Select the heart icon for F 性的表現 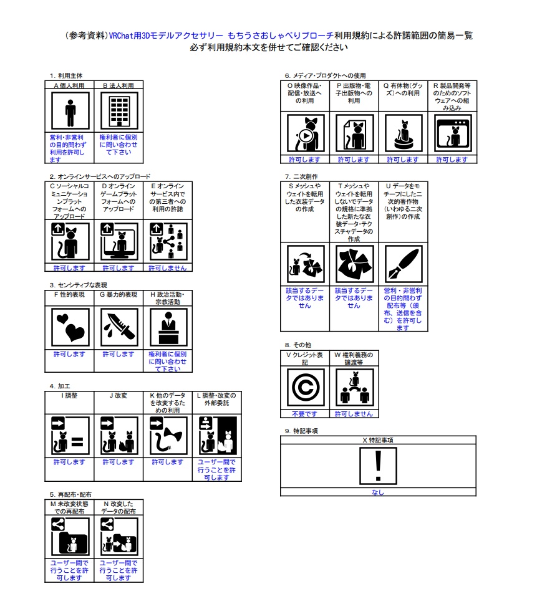(69, 327)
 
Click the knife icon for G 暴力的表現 (119, 327)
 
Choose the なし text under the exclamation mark (378, 492)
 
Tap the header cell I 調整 (69, 395)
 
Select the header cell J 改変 (119, 395)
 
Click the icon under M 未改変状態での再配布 (69, 535)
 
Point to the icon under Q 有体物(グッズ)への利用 (403, 133)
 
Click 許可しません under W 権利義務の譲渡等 (354, 414)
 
